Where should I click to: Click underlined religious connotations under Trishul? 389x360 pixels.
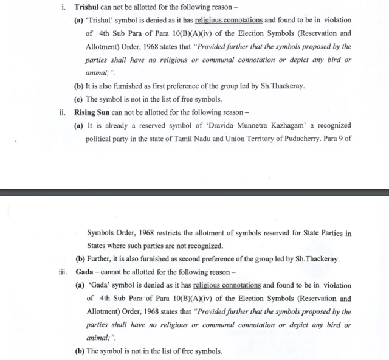point(228,21)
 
